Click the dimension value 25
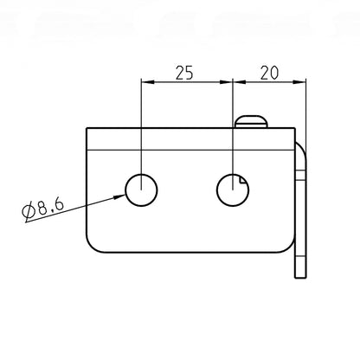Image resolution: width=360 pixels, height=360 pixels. (x=184, y=73)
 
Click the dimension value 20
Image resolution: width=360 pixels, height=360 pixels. (x=269, y=73)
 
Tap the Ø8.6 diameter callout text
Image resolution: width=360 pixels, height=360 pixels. (x=42, y=208)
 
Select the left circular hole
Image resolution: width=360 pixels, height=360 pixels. (x=141, y=190)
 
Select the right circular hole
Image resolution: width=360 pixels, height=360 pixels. (x=233, y=190)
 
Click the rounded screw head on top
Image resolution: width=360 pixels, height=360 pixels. (x=252, y=121)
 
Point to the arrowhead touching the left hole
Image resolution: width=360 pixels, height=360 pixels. (x=119, y=197)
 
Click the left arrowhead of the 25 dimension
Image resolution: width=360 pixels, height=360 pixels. (x=147, y=82)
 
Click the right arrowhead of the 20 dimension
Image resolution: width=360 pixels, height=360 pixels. (x=299, y=82)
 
